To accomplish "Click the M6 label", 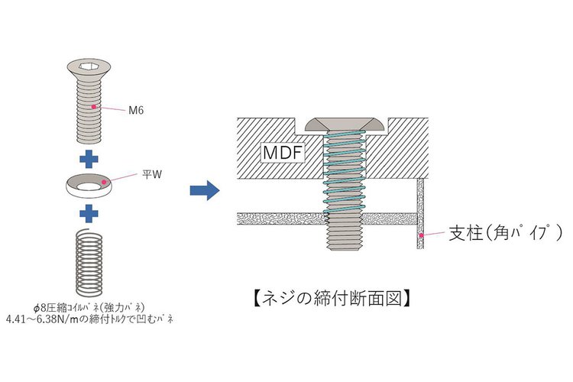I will click(136, 111).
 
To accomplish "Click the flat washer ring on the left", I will click(89, 185).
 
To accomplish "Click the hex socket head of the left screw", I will click(89, 70).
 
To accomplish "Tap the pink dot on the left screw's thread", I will click(94, 108).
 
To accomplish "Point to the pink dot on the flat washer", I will click(105, 183).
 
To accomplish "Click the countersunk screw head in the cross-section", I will click(348, 123).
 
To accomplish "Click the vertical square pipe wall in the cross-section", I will click(419, 215).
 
